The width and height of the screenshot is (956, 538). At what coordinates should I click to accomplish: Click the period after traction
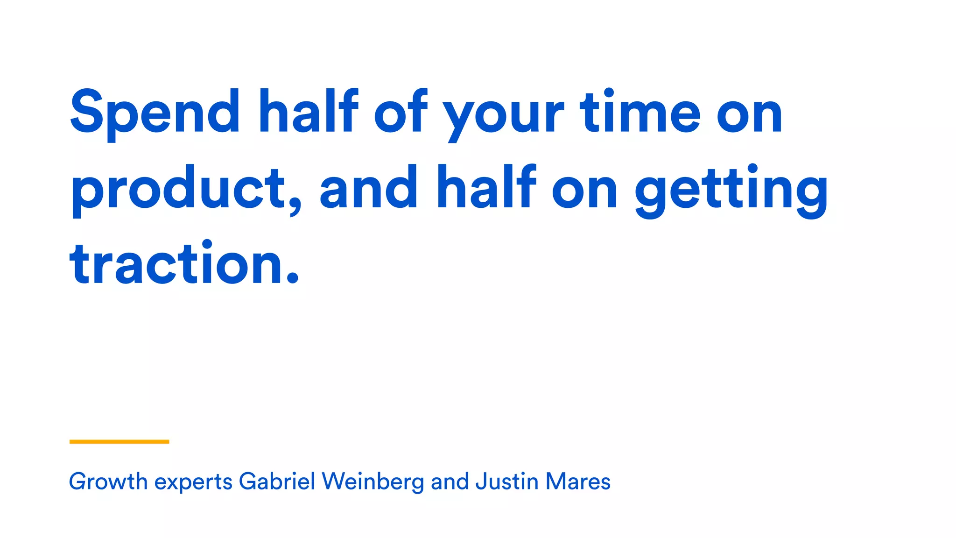[x=292, y=277]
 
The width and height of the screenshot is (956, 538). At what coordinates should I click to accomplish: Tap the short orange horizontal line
[x=119, y=441]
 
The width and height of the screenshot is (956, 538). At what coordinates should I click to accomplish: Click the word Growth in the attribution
[x=108, y=481]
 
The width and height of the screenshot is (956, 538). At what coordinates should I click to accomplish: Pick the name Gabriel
[x=277, y=481]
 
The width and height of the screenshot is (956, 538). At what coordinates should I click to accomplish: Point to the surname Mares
[x=578, y=481]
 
